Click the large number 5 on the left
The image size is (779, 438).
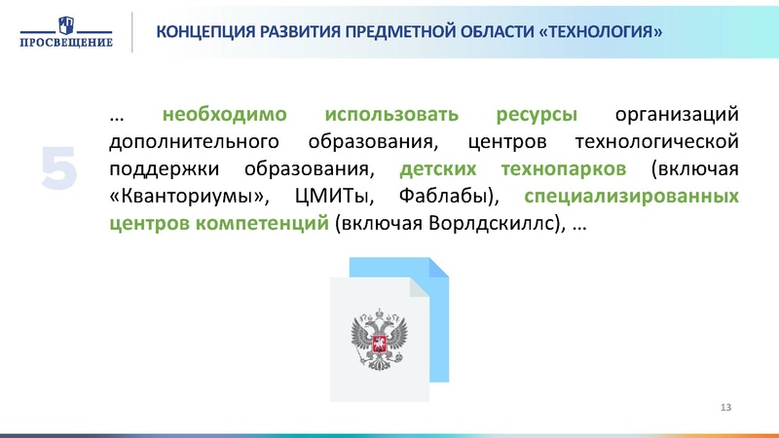pos(59,167)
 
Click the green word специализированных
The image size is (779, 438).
pos(632,197)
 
